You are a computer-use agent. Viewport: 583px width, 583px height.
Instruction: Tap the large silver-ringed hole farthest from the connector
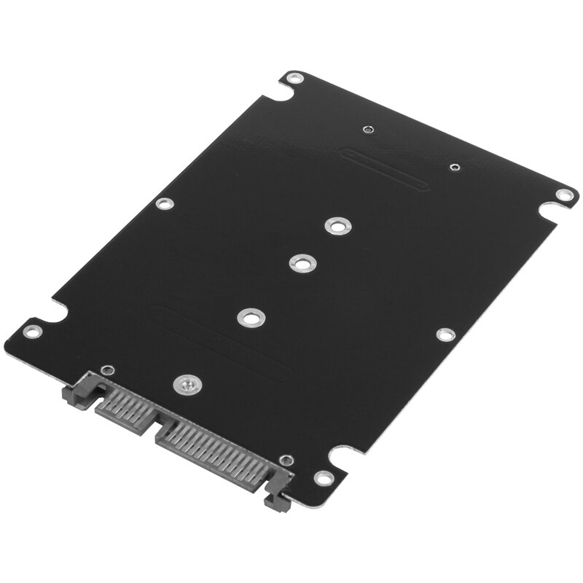point(335,225)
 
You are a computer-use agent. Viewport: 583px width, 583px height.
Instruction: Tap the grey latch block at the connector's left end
point(81,386)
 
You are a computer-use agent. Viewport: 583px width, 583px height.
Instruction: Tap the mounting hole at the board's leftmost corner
point(30,332)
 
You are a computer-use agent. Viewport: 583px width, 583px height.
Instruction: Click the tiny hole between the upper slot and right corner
point(454,168)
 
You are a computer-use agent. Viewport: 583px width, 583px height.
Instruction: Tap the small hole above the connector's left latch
point(106,369)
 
